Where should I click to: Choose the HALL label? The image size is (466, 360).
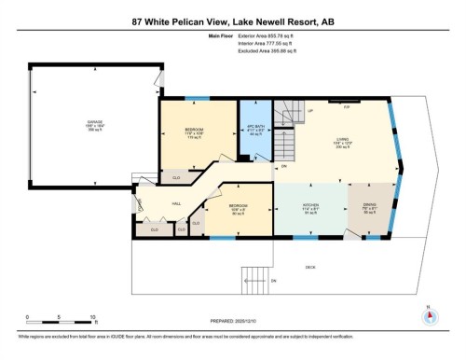point(176,202)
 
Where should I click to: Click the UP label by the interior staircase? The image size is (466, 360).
point(309,110)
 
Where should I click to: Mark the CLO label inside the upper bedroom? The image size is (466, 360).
point(176,174)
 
